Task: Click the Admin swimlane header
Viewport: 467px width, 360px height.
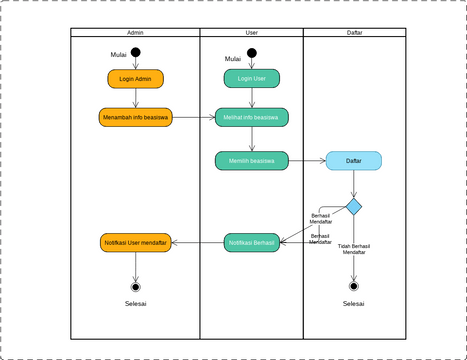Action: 135,33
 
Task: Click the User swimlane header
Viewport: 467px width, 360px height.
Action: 251,33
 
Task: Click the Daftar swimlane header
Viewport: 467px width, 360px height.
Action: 354,33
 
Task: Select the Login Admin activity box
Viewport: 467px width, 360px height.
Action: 135,78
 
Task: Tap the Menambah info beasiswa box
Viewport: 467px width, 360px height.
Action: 135,117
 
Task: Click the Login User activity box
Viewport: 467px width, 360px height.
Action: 252,78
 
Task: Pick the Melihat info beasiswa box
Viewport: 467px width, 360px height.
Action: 252,117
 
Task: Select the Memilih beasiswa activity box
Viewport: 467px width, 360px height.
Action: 252,159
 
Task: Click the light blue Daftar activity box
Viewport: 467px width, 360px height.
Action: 354,160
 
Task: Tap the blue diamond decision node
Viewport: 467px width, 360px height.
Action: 354,206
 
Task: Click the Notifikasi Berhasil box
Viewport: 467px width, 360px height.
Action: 252,242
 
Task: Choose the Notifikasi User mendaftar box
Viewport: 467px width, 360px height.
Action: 135,242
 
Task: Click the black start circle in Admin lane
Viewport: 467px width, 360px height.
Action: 135,53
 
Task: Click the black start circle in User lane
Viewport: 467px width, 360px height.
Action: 252,53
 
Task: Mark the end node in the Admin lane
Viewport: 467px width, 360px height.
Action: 135,286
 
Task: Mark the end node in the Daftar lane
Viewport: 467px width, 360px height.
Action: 354,286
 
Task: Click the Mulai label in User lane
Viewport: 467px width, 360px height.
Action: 233,58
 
